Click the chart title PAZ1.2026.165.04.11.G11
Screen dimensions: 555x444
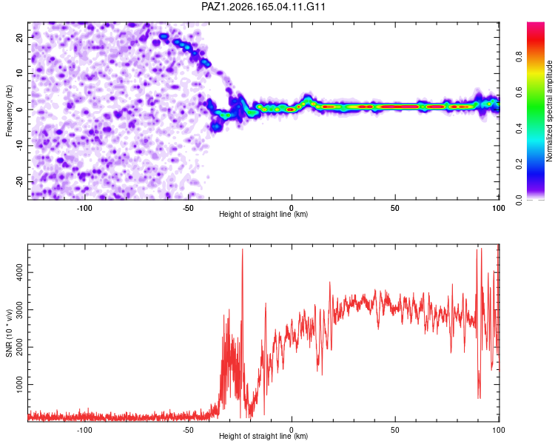[263, 7]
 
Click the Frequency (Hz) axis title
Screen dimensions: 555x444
[9, 111]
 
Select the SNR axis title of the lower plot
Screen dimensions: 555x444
[9, 333]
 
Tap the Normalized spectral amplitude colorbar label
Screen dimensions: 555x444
[549, 111]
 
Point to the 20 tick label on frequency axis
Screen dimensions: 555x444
[20, 37]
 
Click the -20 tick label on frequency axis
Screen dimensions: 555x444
[20, 182]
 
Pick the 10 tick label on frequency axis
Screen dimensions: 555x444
[20, 73]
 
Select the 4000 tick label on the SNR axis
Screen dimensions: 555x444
[20, 272]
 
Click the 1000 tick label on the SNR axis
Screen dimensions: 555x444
[20, 385]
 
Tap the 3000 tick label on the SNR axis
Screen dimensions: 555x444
[20, 310]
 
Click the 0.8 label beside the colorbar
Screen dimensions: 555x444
[519, 57]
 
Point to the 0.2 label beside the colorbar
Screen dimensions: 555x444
[519, 164]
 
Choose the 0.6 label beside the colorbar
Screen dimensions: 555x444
[519, 92]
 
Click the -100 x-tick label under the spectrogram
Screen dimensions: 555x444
[84, 208]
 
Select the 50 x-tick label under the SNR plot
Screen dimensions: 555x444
[395, 430]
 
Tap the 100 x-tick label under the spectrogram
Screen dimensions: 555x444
[498, 208]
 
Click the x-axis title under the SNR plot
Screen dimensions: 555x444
[263, 436]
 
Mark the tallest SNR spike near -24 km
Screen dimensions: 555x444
[243, 249]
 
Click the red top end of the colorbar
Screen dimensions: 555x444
[536, 24]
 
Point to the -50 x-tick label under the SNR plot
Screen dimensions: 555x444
[188, 430]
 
